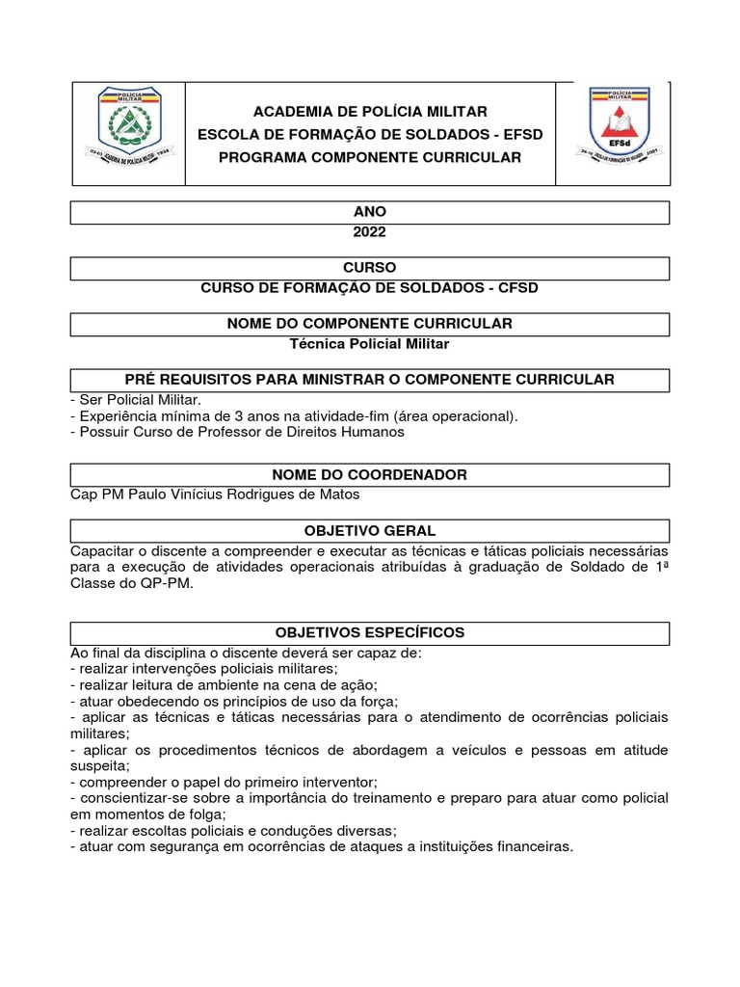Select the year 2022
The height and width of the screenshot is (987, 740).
(370, 231)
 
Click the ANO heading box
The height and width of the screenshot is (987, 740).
(370, 212)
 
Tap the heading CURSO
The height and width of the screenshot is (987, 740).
(370, 268)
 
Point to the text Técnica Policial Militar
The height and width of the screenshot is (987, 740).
(370, 342)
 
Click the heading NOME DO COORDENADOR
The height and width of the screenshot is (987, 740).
(370, 475)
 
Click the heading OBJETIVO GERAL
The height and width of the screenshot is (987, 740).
(370, 531)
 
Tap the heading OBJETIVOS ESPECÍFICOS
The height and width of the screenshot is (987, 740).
(370, 633)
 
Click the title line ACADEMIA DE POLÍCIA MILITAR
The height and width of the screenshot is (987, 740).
(370, 112)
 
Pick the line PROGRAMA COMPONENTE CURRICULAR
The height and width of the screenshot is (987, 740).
(370, 157)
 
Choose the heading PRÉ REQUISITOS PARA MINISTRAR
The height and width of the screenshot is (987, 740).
(370, 380)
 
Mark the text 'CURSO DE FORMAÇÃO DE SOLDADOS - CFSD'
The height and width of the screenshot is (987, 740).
(370, 287)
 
